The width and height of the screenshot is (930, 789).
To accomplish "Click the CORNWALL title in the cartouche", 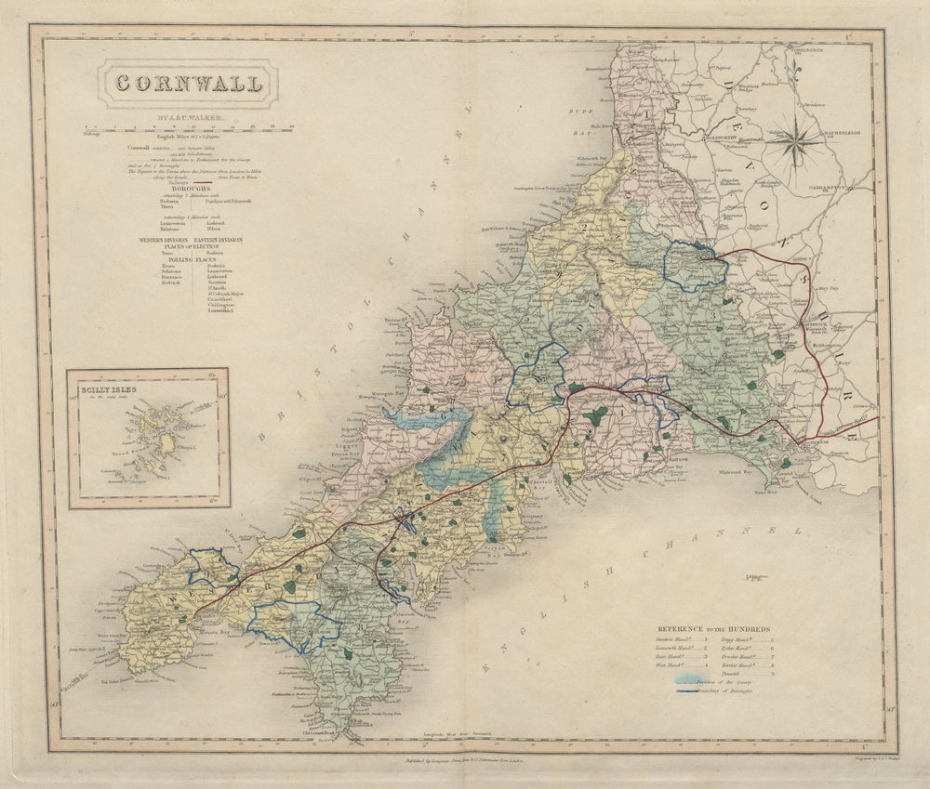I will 188,84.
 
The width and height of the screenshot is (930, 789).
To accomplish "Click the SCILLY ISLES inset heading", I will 109,391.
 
